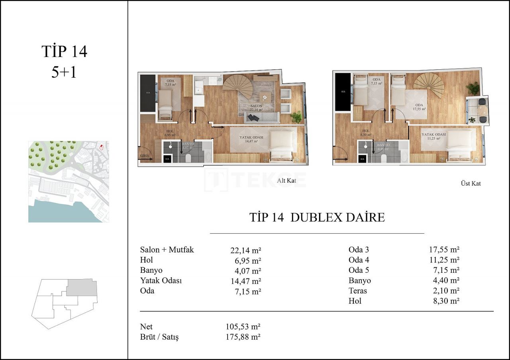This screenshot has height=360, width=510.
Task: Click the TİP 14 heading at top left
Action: (x=64, y=52)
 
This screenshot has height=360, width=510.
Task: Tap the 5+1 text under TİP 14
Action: (x=64, y=72)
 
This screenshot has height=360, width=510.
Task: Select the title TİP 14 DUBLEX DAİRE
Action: (x=317, y=217)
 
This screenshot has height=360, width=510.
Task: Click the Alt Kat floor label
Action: (x=286, y=180)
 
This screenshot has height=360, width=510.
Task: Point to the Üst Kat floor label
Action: (x=470, y=184)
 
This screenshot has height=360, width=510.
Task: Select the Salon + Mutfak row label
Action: (x=167, y=250)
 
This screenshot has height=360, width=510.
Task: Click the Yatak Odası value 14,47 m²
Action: (x=245, y=280)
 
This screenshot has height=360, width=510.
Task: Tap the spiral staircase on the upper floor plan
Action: (x=429, y=85)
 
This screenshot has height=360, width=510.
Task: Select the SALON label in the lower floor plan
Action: (x=256, y=106)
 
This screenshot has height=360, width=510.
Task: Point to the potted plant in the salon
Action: (x=296, y=117)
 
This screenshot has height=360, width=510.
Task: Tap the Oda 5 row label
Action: (x=359, y=270)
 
